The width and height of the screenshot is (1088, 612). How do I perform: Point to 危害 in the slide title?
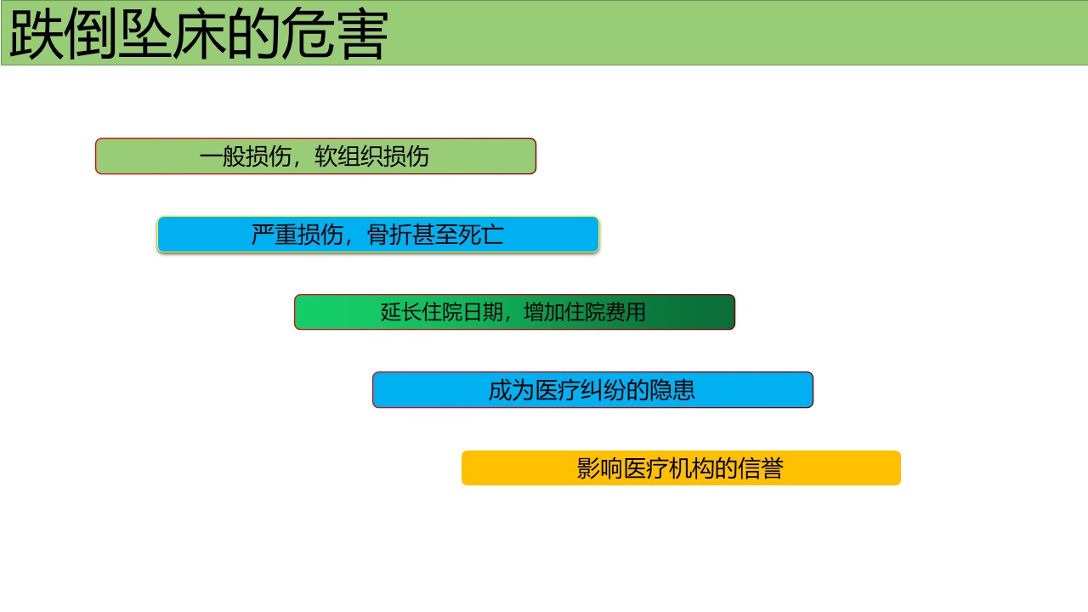(x=334, y=34)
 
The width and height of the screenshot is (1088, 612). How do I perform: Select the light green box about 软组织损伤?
(x=315, y=156)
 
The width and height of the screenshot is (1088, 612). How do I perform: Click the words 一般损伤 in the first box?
(x=246, y=156)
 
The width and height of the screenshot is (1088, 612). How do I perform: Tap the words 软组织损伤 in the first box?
(x=371, y=156)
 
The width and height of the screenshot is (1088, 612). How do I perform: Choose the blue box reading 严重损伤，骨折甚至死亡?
(x=378, y=235)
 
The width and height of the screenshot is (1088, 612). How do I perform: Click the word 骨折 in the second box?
(x=389, y=235)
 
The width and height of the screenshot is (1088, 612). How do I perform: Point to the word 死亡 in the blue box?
(x=481, y=235)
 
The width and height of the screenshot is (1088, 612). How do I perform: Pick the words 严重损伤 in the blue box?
(x=297, y=235)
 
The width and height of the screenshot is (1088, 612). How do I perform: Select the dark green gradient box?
(x=514, y=312)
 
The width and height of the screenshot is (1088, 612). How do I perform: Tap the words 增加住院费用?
(x=585, y=312)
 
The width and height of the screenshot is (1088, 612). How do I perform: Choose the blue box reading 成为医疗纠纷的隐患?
(x=592, y=389)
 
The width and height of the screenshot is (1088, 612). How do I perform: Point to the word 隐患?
(x=672, y=390)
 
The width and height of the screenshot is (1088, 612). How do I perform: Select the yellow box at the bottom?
(x=681, y=467)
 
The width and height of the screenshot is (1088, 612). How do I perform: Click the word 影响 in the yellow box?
(x=599, y=468)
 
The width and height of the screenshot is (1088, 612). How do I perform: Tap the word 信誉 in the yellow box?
(x=761, y=468)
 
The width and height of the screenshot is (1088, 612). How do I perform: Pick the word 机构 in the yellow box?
(x=691, y=468)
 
